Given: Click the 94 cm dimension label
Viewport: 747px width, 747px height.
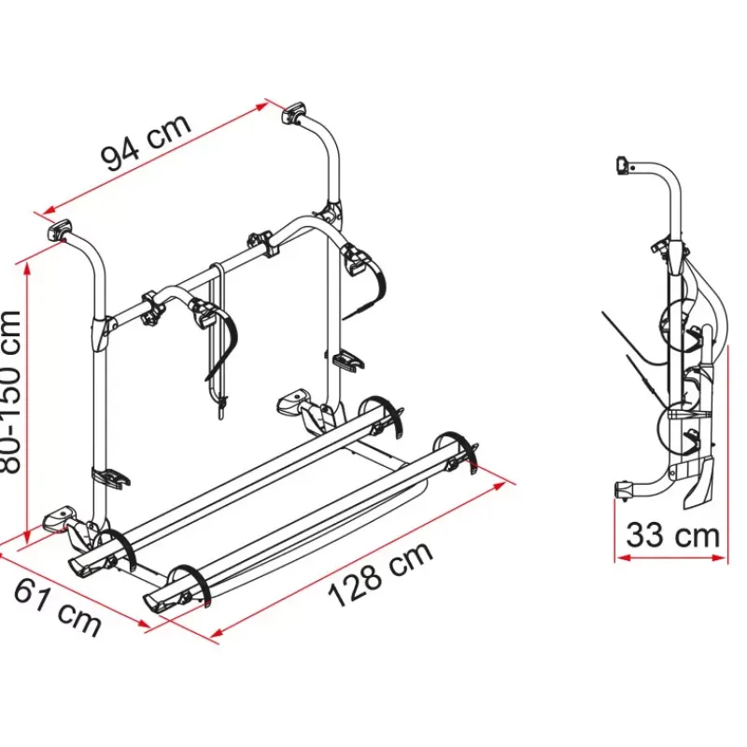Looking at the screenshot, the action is coord(146,142).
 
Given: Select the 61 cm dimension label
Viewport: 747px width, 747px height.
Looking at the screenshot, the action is coord(57,608).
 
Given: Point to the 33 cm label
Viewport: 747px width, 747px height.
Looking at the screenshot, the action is coord(672,535).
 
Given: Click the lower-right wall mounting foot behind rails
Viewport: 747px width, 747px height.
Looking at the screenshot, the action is coord(294,400).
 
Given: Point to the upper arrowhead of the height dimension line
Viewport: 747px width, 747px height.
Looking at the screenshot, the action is coord(27,267).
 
